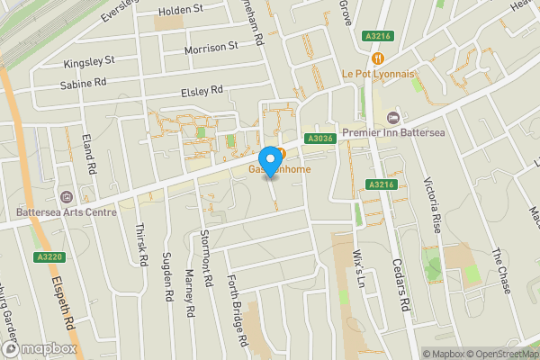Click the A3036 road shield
click(x=320, y=139)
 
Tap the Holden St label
click(x=181, y=11)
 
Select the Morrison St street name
click(x=211, y=46)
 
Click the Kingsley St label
click(x=90, y=62)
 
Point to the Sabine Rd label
click(x=83, y=81)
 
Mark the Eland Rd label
click(x=89, y=153)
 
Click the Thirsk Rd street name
click(x=142, y=244)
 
